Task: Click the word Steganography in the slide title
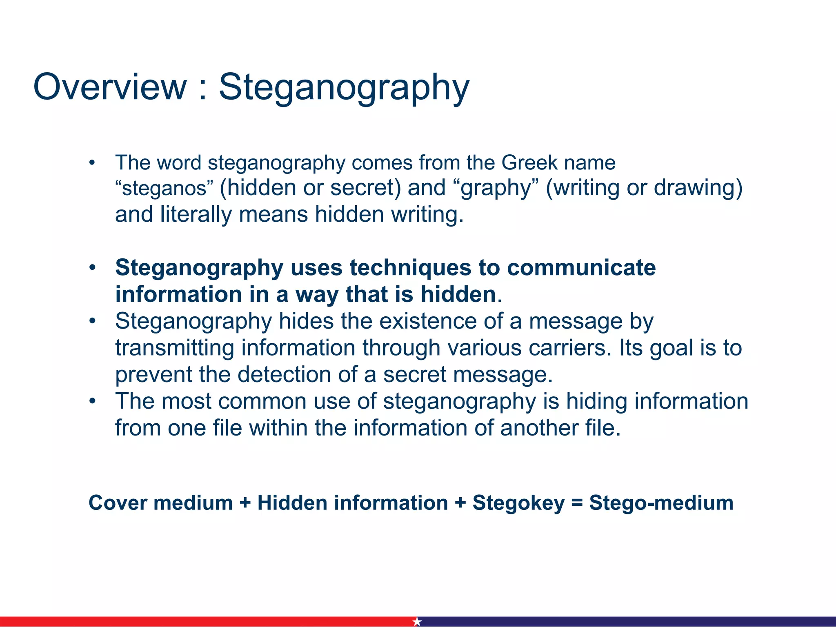[x=344, y=87]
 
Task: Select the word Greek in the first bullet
[x=529, y=162]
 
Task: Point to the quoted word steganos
[x=164, y=188]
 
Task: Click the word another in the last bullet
[x=539, y=428]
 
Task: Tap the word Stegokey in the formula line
[x=518, y=503]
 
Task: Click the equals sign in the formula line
[x=577, y=503]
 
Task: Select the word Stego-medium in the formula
[x=661, y=503]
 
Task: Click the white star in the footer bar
[x=417, y=621]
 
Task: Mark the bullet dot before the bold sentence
[x=93, y=268]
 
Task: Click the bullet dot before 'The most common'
[x=93, y=401]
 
